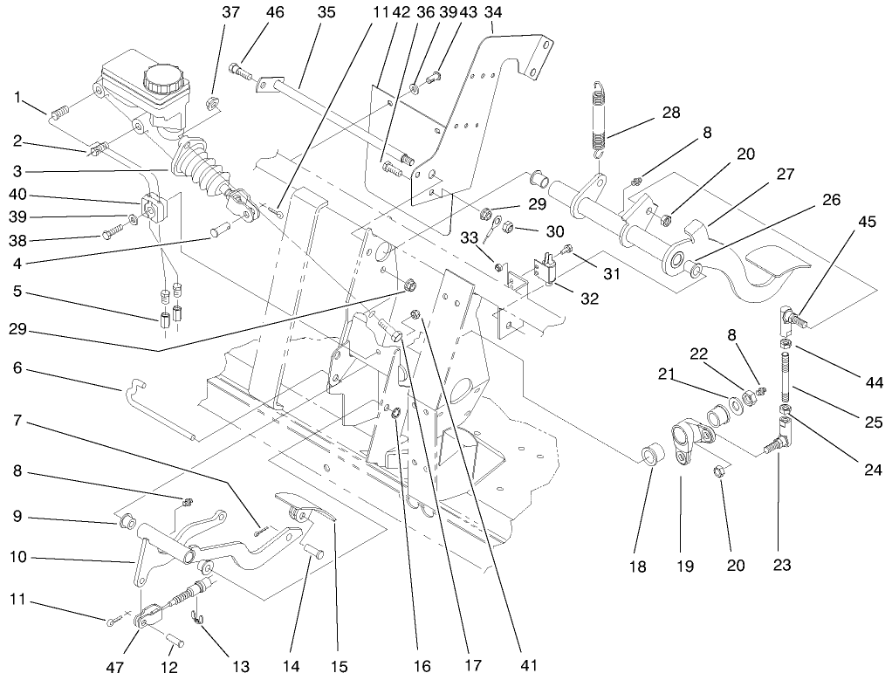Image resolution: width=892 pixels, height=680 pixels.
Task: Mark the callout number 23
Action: tap(781, 565)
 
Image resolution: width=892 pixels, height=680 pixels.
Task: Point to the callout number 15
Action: tap(340, 666)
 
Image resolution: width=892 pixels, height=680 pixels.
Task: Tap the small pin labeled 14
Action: tap(314, 553)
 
